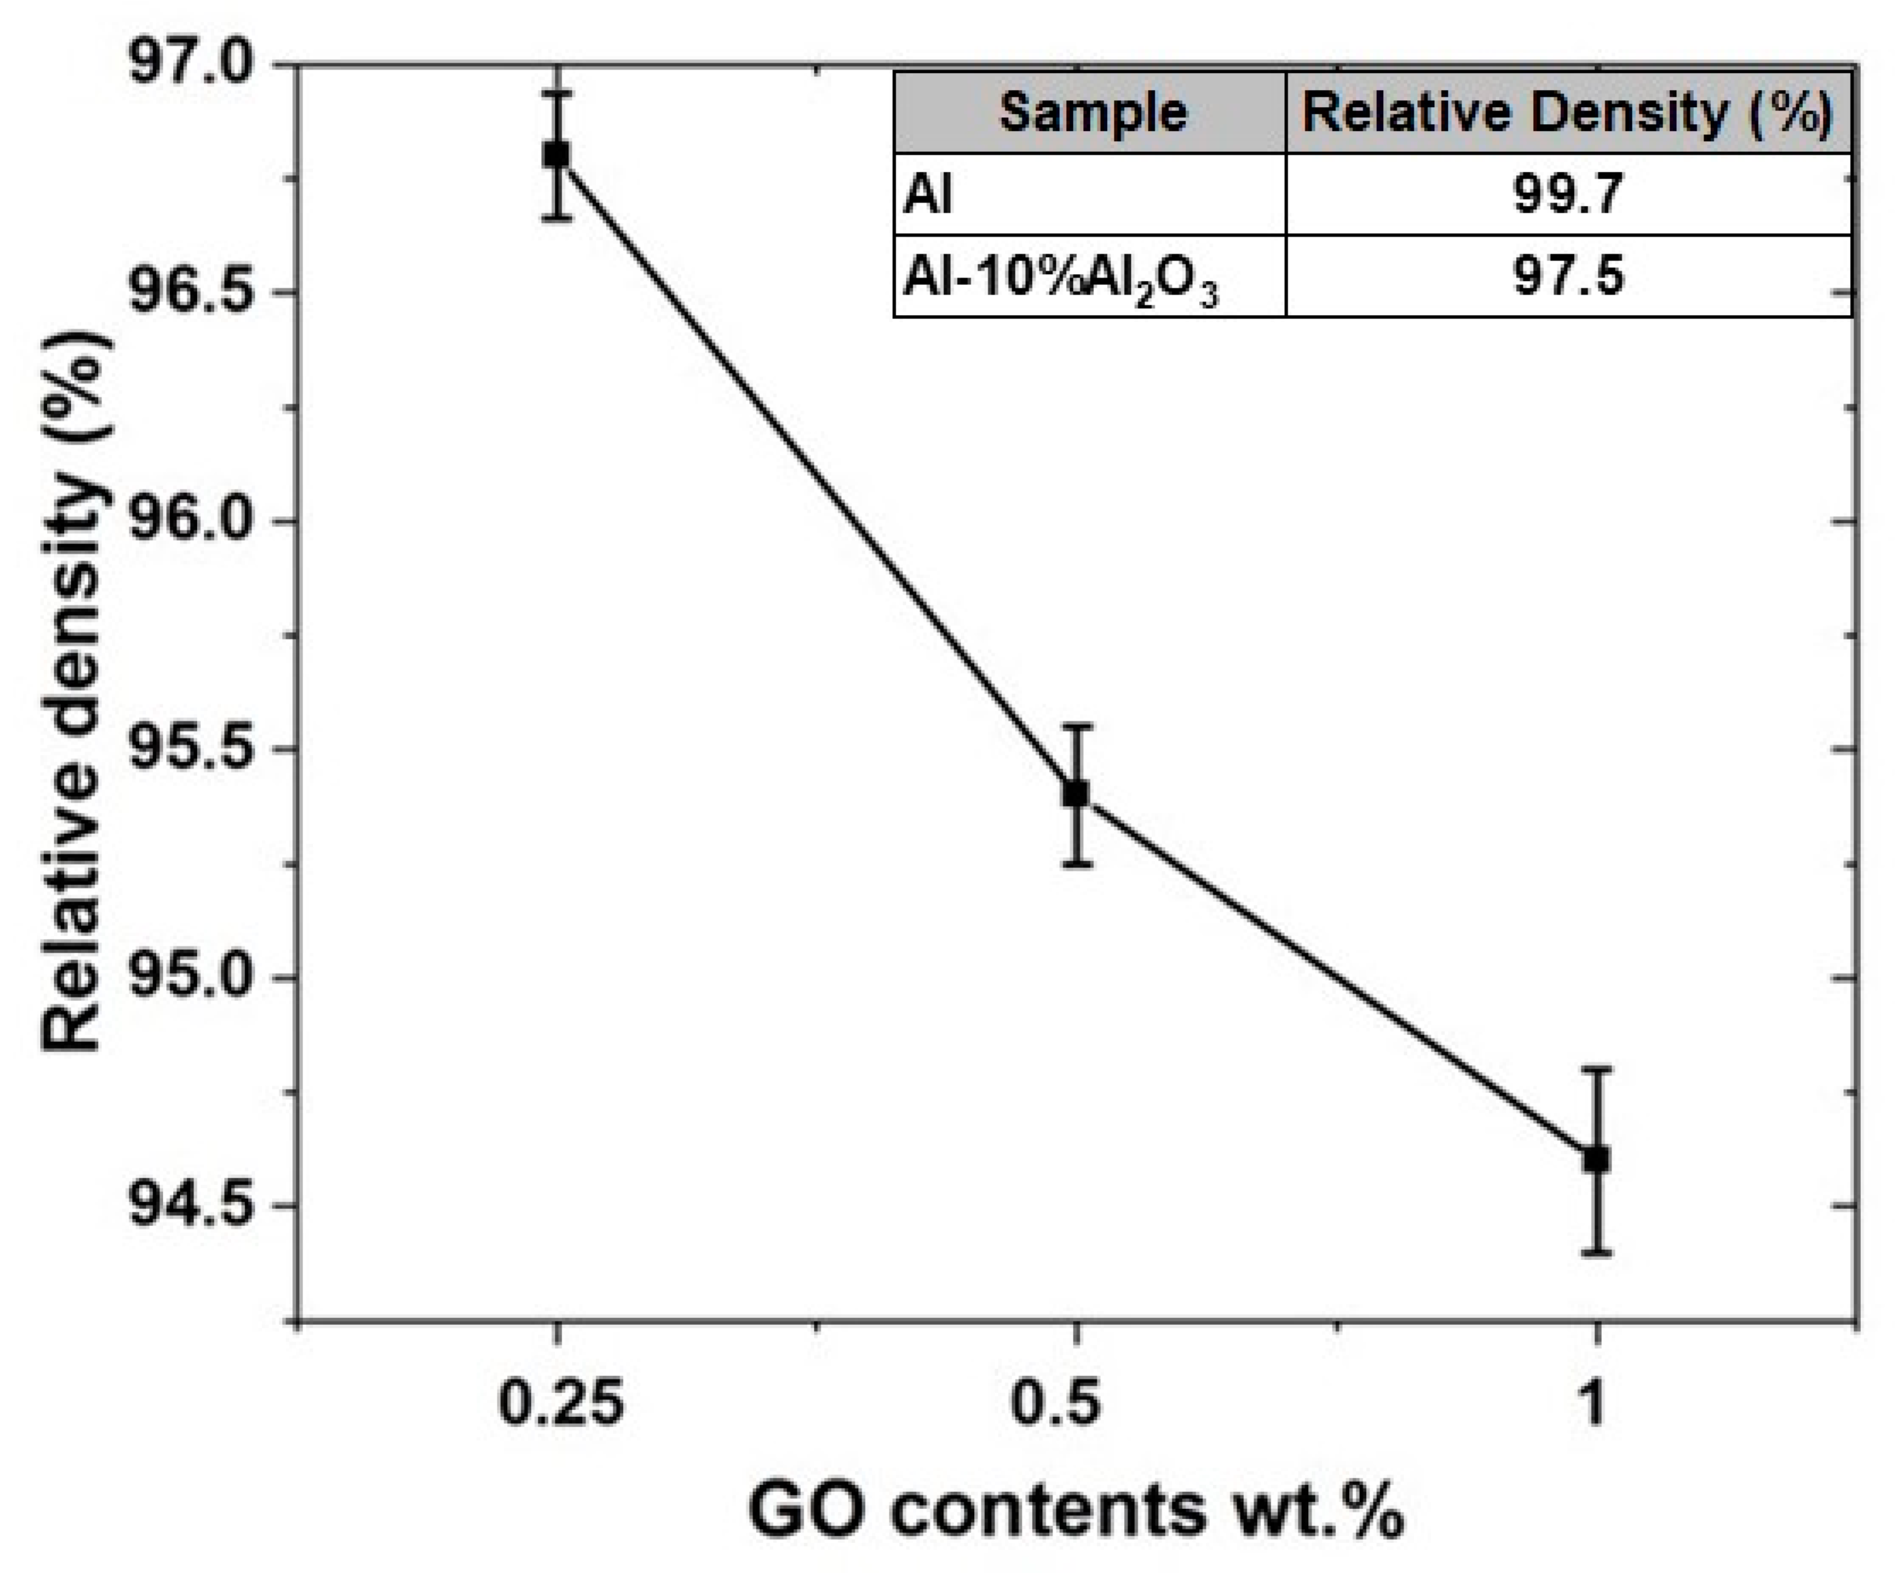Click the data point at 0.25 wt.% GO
click(557, 154)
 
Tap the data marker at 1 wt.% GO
click(1596, 1158)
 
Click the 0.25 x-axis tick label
click(560, 1404)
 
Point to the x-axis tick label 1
click(1595, 1404)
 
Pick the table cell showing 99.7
click(1567, 194)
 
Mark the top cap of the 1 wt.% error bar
click(1596, 1068)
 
